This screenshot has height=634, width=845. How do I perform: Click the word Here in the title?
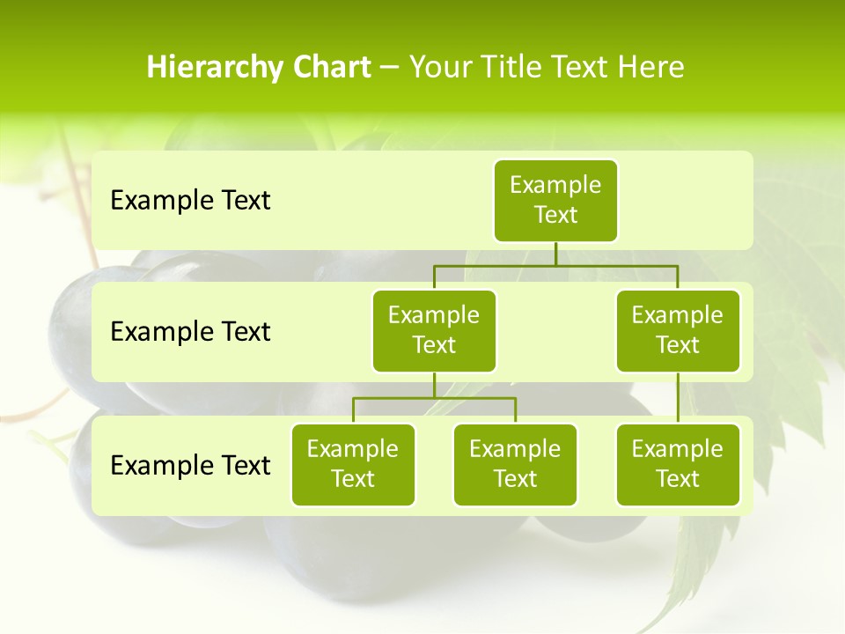click(650, 68)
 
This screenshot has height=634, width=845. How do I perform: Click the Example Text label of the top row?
click(190, 201)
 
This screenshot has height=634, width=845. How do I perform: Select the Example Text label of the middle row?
click(190, 332)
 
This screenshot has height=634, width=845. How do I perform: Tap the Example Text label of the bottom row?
click(190, 465)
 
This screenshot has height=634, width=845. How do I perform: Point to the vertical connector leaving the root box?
click(555, 254)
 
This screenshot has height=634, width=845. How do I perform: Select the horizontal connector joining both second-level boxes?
click(555, 265)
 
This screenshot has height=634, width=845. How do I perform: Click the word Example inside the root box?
click(555, 185)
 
